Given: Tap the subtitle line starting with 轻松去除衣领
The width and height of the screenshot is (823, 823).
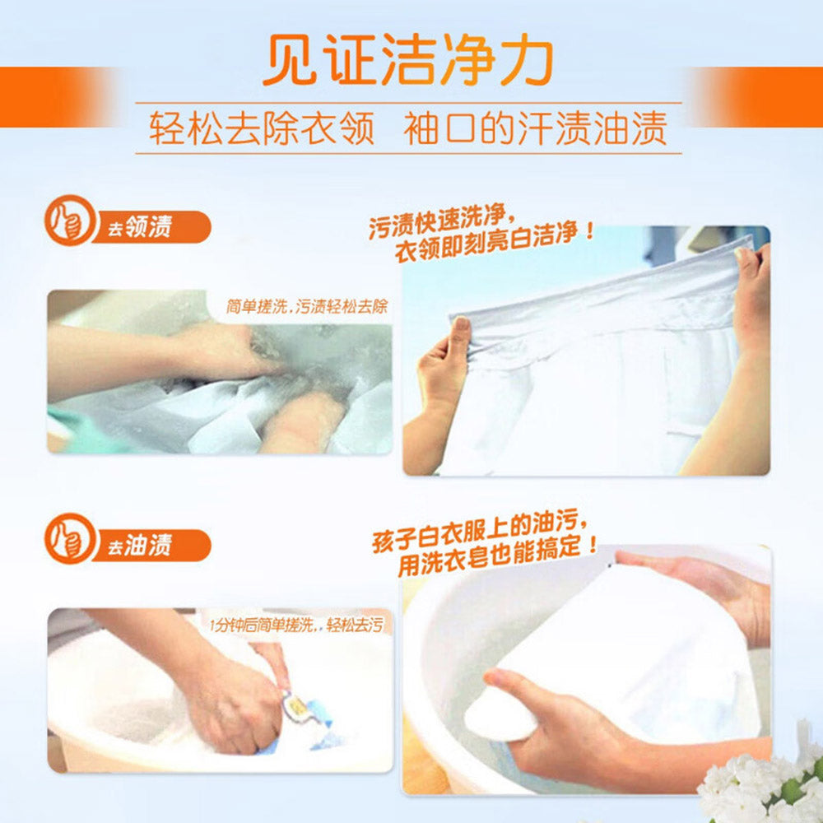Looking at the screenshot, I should coord(408,128).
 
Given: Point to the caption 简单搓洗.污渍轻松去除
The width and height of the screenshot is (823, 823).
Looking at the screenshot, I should coord(306,307).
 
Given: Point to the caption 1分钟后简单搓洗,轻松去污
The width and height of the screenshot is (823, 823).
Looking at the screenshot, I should coord(296,625).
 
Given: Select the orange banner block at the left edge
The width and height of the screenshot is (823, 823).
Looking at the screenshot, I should coord(49,97).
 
